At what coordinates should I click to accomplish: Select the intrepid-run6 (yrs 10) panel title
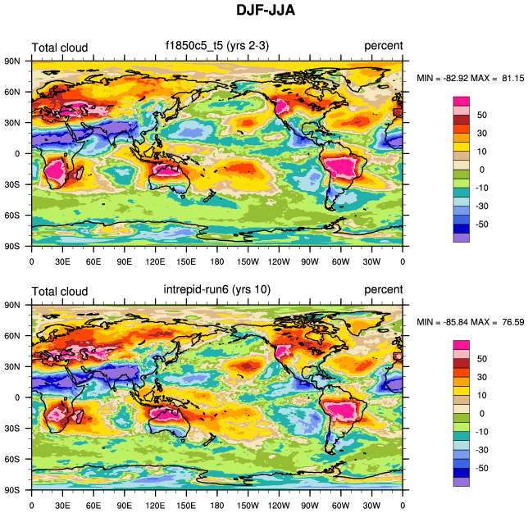click(216, 290)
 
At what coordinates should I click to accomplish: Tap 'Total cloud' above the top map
click(59, 48)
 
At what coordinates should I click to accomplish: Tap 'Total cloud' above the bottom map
click(59, 291)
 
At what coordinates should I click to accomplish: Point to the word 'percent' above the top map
click(384, 48)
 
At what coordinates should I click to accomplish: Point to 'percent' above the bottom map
click(384, 290)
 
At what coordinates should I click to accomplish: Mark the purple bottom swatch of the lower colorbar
click(462, 482)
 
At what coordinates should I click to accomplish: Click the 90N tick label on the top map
click(12, 61)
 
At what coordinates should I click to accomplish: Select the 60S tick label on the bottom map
click(12, 459)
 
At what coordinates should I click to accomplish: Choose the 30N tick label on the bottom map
click(12, 366)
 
